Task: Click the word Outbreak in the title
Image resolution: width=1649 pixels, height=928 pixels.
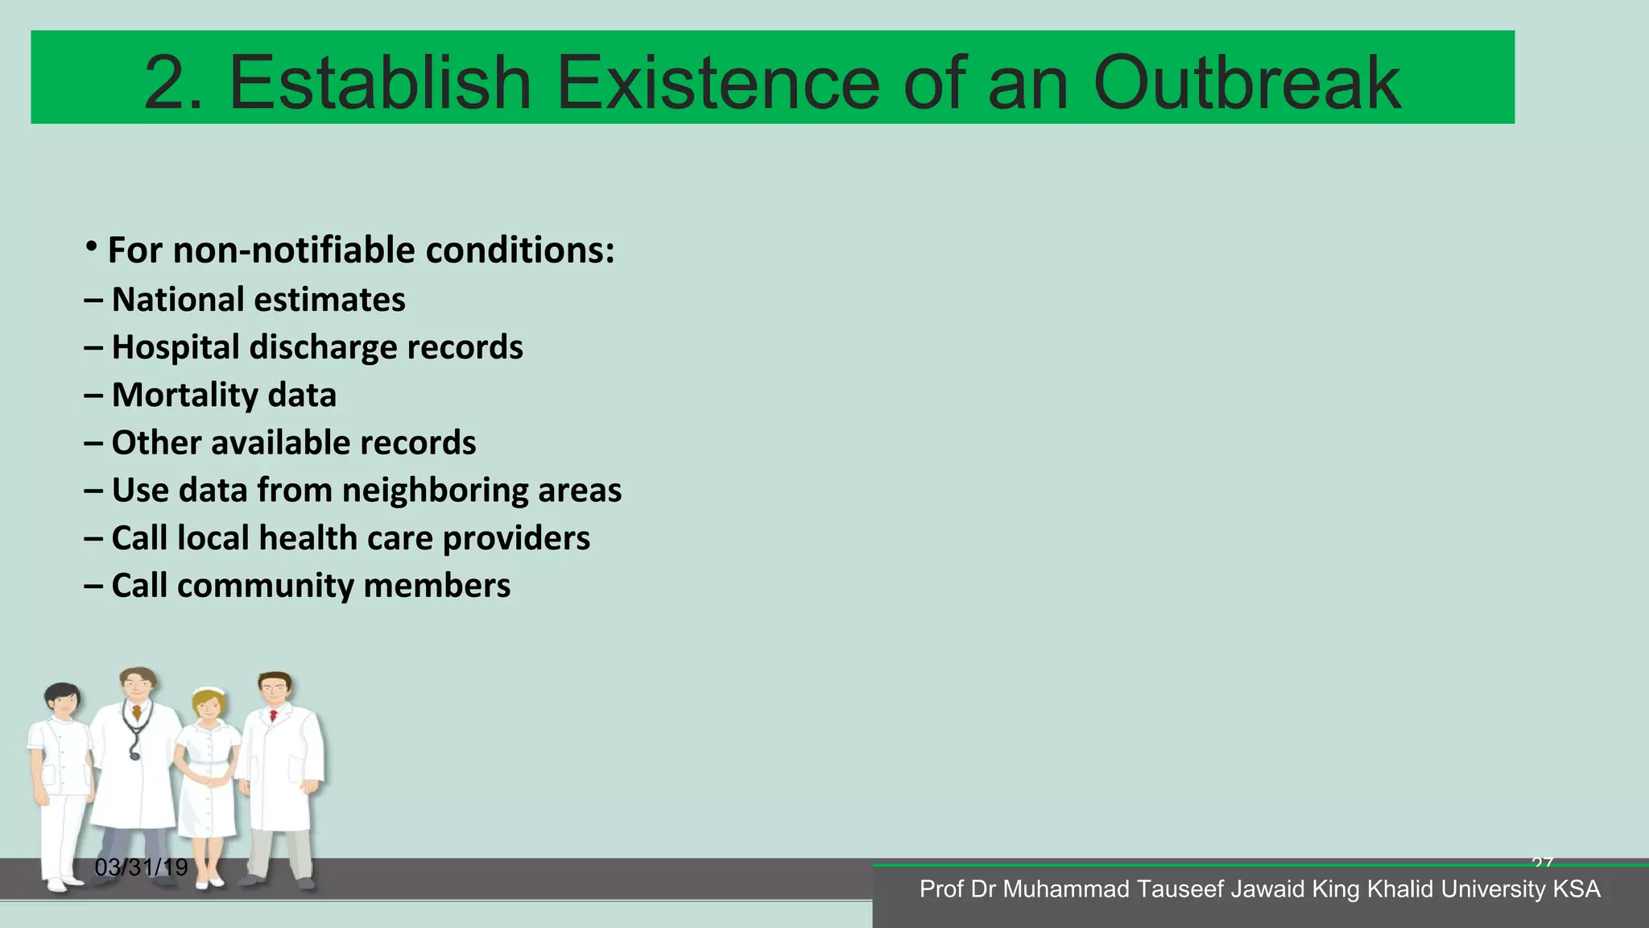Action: [1246, 83]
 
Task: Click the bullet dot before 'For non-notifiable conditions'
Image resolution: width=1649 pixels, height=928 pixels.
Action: [93, 246]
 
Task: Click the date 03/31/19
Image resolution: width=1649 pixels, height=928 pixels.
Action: [141, 868]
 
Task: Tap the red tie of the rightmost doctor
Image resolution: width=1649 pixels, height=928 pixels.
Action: [274, 715]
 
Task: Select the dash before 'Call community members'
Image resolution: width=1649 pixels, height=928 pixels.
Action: [93, 586]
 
